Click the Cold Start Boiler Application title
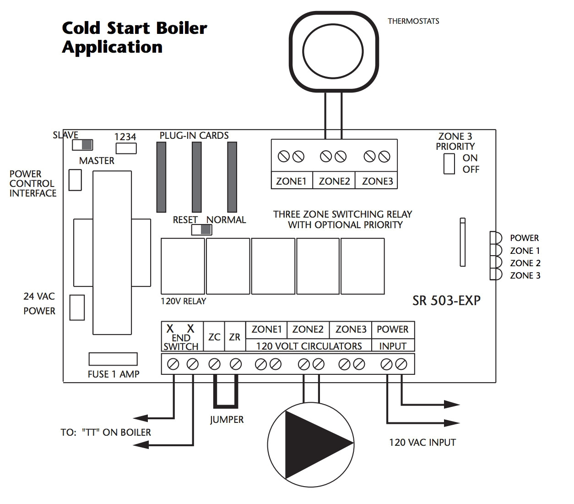pyautogui.click(x=134, y=38)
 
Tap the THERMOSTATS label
pyautogui.click(x=413, y=21)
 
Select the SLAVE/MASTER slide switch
pyautogui.click(x=82, y=145)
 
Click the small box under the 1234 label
pyautogui.click(x=126, y=148)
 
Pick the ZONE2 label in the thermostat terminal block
pyautogui.click(x=334, y=181)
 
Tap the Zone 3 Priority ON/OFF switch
pyautogui.click(x=449, y=164)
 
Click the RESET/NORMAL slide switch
pyautogui.click(x=201, y=230)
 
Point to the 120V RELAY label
pyautogui.click(x=183, y=301)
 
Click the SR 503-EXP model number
pyautogui.click(x=446, y=301)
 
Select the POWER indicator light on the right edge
pyautogui.click(x=495, y=238)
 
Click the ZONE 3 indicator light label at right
pyautogui.click(x=525, y=275)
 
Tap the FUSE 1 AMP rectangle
pyautogui.click(x=113, y=359)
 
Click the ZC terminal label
pyautogui.click(x=214, y=337)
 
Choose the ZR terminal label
pyautogui.click(x=234, y=337)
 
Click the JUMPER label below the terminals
pyautogui.click(x=227, y=420)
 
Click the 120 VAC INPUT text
pyautogui.click(x=422, y=443)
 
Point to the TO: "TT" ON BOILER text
pyautogui.click(x=106, y=432)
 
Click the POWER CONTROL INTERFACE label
pyautogui.click(x=33, y=184)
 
